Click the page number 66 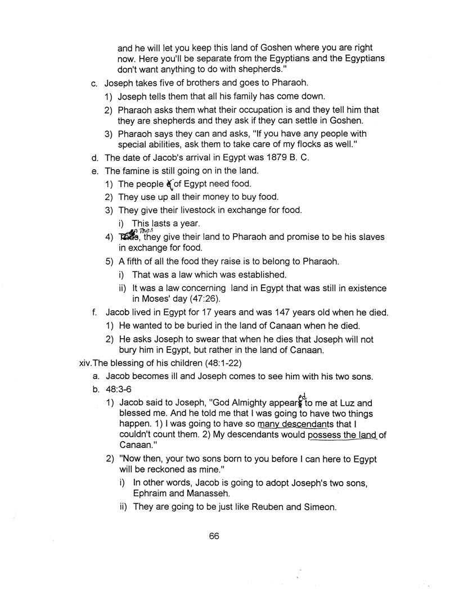pos(213,536)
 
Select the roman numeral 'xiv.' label pos(88,363)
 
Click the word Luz pos(332,403)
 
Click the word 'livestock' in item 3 pos(181,210)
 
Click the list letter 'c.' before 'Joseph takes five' pos(94,84)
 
